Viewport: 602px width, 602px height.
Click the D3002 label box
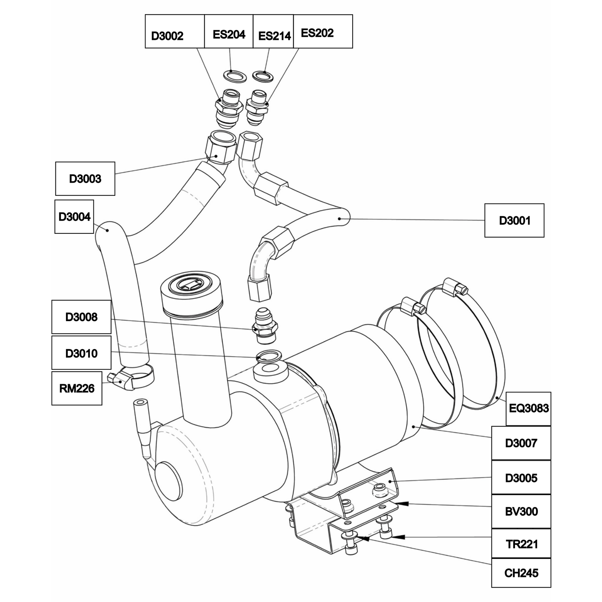tap(175, 31)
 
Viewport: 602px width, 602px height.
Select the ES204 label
tap(229, 31)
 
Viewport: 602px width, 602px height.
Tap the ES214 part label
tap(273, 31)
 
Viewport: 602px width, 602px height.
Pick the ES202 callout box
tap(323, 31)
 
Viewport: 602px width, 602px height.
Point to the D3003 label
tap(85, 179)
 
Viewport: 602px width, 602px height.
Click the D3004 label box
tap(74, 217)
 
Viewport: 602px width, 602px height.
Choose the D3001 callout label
tap(514, 220)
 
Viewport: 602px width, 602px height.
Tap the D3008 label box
tap(82, 317)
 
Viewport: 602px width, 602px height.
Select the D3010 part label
tap(82, 353)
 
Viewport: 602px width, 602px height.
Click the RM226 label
tap(77, 388)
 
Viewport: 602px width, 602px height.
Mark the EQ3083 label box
tap(528, 409)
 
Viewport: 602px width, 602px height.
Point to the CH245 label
tap(521, 573)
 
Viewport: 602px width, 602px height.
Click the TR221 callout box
tap(521, 544)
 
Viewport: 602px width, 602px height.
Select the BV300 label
tap(521, 511)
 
